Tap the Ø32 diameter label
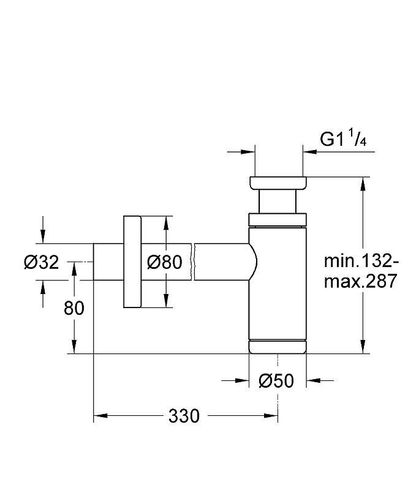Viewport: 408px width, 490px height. (x=42, y=262)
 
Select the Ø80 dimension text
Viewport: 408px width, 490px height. (x=165, y=262)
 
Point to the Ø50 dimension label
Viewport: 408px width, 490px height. (x=276, y=381)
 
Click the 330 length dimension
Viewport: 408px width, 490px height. (x=184, y=417)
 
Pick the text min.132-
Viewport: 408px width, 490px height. (x=362, y=262)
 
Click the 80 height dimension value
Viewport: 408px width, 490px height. (x=74, y=308)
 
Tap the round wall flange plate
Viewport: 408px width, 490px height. (x=132, y=262)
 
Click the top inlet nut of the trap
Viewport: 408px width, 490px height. (x=278, y=183)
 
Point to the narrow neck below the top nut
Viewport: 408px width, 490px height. (x=278, y=202)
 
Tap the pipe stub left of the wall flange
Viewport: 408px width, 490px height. (x=108, y=262)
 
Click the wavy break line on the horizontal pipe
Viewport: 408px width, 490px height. (x=193, y=262)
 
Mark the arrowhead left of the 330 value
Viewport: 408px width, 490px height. (x=100, y=417)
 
